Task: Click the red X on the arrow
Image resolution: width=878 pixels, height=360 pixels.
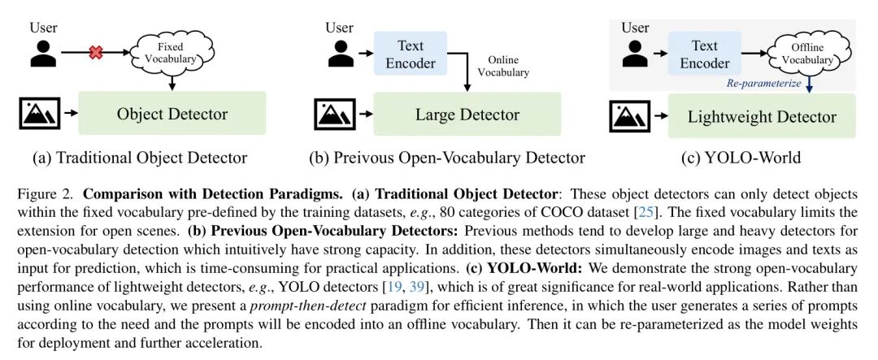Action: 95,53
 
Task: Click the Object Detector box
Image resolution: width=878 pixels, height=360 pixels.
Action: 172,114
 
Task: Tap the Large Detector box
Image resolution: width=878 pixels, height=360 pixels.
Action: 467,114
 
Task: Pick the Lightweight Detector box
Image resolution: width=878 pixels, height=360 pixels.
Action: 762,116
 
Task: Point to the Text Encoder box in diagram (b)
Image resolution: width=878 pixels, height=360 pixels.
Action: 411,54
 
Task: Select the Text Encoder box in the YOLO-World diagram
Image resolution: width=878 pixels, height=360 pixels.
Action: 705,54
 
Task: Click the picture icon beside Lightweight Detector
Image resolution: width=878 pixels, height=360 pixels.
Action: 632,116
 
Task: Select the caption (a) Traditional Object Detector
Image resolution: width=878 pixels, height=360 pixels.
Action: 139,157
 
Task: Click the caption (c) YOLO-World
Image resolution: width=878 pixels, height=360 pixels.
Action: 741,157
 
